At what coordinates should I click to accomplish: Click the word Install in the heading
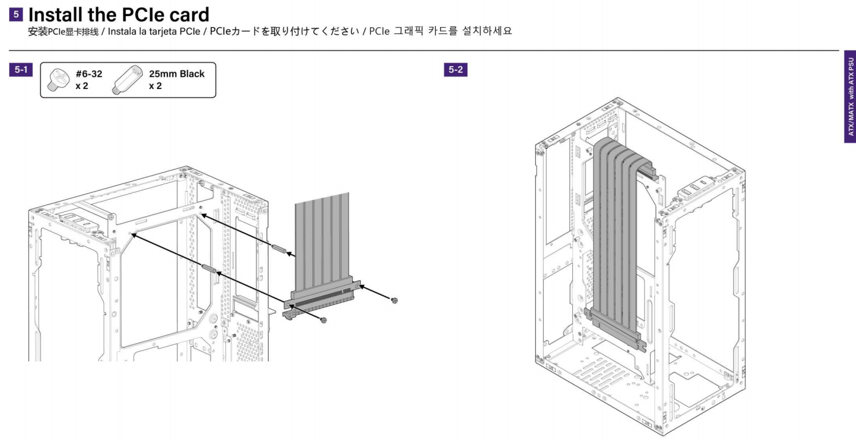coord(62,12)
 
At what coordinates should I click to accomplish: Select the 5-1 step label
coord(21,70)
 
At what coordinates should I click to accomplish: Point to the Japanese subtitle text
coord(294,32)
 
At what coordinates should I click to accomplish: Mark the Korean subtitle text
coord(441,32)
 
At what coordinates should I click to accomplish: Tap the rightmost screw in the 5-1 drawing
coord(394,300)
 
